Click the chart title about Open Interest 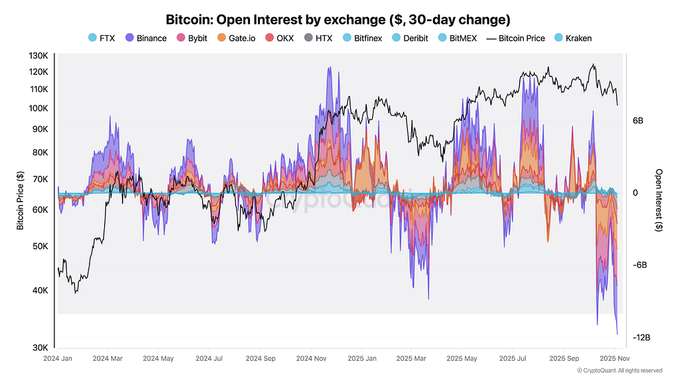pyautogui.click(x=339, y=19)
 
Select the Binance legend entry pyautogui.click(x=145, y=38)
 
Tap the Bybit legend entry pyautogui.click(x=192, y=38)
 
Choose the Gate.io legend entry pyautogui.click(x=237, y=38)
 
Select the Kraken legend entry pyautogui.click(x=572, y=38)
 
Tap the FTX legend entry pyautogui.click(x=101, y=38)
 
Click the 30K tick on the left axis pyautogui.click(x=39, y=348)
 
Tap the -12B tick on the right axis pyautogui.click(x=641, y=338)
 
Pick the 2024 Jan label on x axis pyautogui.click(x=58, y=358)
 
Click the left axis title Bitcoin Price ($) pyautogui.click(x=20, y=200)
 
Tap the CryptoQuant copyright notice pyautogui.click(x=619, y=371)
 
